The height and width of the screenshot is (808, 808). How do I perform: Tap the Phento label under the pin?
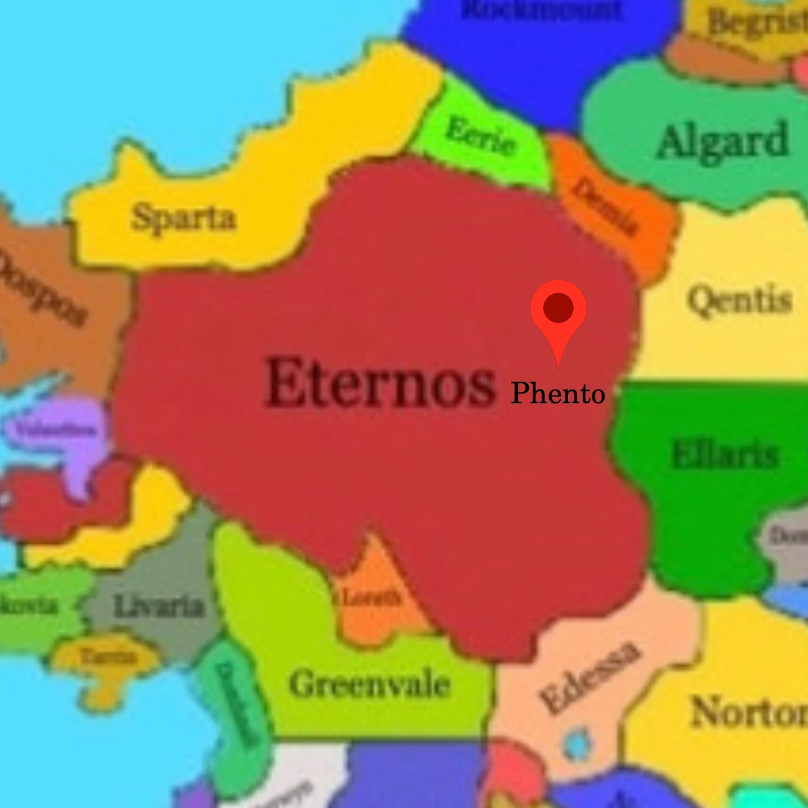[557, 394]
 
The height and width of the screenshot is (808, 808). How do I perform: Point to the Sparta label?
[183, 218]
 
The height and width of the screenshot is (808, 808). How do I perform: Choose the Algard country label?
[722, 141]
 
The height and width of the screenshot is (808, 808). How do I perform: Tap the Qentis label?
[739, 301]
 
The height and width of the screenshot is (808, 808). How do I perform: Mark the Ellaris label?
[724, 455]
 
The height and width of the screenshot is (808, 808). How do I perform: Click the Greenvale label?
[370, 684]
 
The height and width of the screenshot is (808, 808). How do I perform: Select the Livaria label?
[159, 605]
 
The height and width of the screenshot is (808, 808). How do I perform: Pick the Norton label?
[748, 711]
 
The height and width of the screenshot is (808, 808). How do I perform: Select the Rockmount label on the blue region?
[542, 10]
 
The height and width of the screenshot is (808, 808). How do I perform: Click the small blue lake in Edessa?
[577, 744]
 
